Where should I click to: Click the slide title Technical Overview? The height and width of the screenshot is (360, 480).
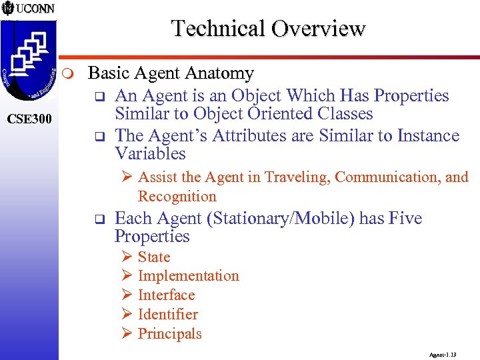268,29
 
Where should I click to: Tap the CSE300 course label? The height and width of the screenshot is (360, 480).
29,119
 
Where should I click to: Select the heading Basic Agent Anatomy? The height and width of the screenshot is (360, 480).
171,73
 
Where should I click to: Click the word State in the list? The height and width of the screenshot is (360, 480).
154,257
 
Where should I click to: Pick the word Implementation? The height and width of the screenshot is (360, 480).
188,276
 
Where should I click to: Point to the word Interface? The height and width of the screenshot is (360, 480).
166,295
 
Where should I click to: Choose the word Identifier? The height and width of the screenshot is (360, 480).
168,315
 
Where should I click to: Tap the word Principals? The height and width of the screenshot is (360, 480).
169,334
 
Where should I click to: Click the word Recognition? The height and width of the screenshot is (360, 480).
177,197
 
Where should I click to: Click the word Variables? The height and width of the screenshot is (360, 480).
150,154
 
